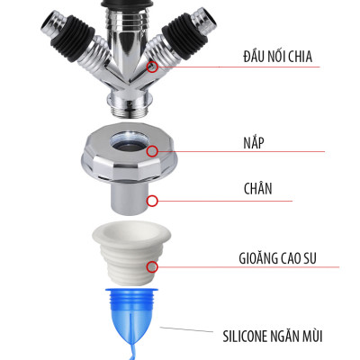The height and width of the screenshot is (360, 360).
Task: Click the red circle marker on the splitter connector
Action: [153, 67]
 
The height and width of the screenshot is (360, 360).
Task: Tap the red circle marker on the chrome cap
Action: [153, 152]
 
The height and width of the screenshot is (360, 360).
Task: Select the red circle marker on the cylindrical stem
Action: [153, 201]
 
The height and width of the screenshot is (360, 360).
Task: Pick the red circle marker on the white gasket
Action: [153, 266]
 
